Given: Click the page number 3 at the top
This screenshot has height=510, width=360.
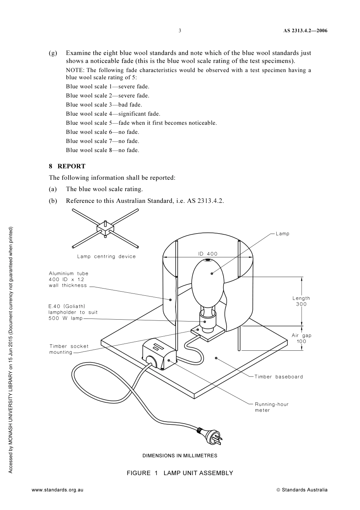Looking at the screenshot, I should click(x=180, y=31).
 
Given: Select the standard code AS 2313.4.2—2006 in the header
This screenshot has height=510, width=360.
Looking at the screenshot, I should click(x=305, y=31).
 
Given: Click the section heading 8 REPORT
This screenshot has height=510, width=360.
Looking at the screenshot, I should click(x=67, y=166).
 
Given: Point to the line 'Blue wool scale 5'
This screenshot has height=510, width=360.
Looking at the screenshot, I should click(x=141, y=123).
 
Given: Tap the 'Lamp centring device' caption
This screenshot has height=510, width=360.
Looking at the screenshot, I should click(x=106, y=256).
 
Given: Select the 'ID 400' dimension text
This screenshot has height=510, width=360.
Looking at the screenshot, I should click(x=208, y=254).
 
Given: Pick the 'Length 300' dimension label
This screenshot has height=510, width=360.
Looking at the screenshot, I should click(x=301, y=301).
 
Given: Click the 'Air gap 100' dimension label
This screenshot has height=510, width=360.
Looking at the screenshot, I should click(x=301, y=338).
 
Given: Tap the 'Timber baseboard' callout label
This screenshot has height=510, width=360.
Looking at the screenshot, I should click(x=279, y=377).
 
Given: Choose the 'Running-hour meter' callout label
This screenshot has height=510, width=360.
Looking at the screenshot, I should click(x=271, y=407).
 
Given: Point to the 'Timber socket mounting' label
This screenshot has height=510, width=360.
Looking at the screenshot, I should click(x=69, y=349).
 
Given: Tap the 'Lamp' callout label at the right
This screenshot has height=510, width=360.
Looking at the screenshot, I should click(x=282, y=234).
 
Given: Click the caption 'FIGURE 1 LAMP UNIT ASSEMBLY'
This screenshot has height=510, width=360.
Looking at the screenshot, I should click(x=180, y=473).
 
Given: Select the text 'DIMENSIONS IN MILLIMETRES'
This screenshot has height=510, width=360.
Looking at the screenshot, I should click(x=180, y=455).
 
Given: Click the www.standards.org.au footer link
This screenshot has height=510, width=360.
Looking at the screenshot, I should click(x=57, y=490).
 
